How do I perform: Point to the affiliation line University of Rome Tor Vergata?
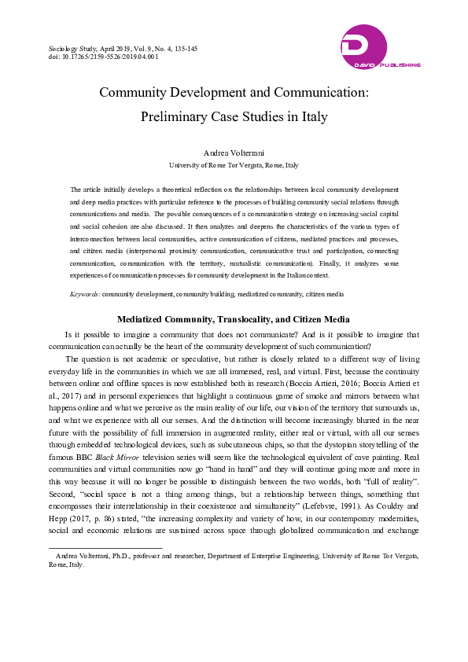(x=234, y=165)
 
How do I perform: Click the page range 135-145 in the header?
(x=182, y=48)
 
